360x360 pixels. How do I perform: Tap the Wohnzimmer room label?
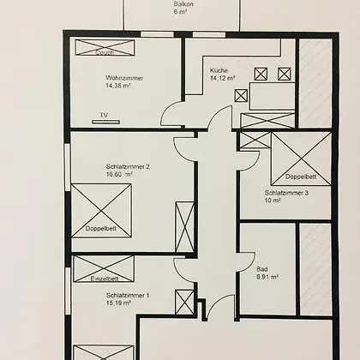coord(124,78)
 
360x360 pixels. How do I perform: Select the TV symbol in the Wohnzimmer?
coord(105,122)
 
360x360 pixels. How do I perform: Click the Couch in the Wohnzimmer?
coord(105,47)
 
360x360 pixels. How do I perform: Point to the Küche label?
coord(219,70)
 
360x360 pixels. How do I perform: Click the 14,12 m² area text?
coord(223,78)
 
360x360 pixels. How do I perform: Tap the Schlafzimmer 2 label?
coord(128,166)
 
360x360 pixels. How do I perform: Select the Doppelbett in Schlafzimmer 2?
coord(101,211)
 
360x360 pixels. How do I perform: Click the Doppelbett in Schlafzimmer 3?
coord(301,159)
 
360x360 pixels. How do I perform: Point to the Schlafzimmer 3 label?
coord(286,193)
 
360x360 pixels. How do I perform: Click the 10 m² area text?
coord(273,201)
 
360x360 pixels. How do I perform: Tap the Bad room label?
coord(262,269)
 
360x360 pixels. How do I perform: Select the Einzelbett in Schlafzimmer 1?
coord(104,269)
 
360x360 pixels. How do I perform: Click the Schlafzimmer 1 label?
coord(128,296)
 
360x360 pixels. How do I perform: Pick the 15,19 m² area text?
coord(118,303)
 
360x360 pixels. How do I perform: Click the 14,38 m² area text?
coord(118,85)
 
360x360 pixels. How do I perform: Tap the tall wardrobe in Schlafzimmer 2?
coord(184,227)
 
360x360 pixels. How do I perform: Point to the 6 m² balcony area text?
coord(180,12)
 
